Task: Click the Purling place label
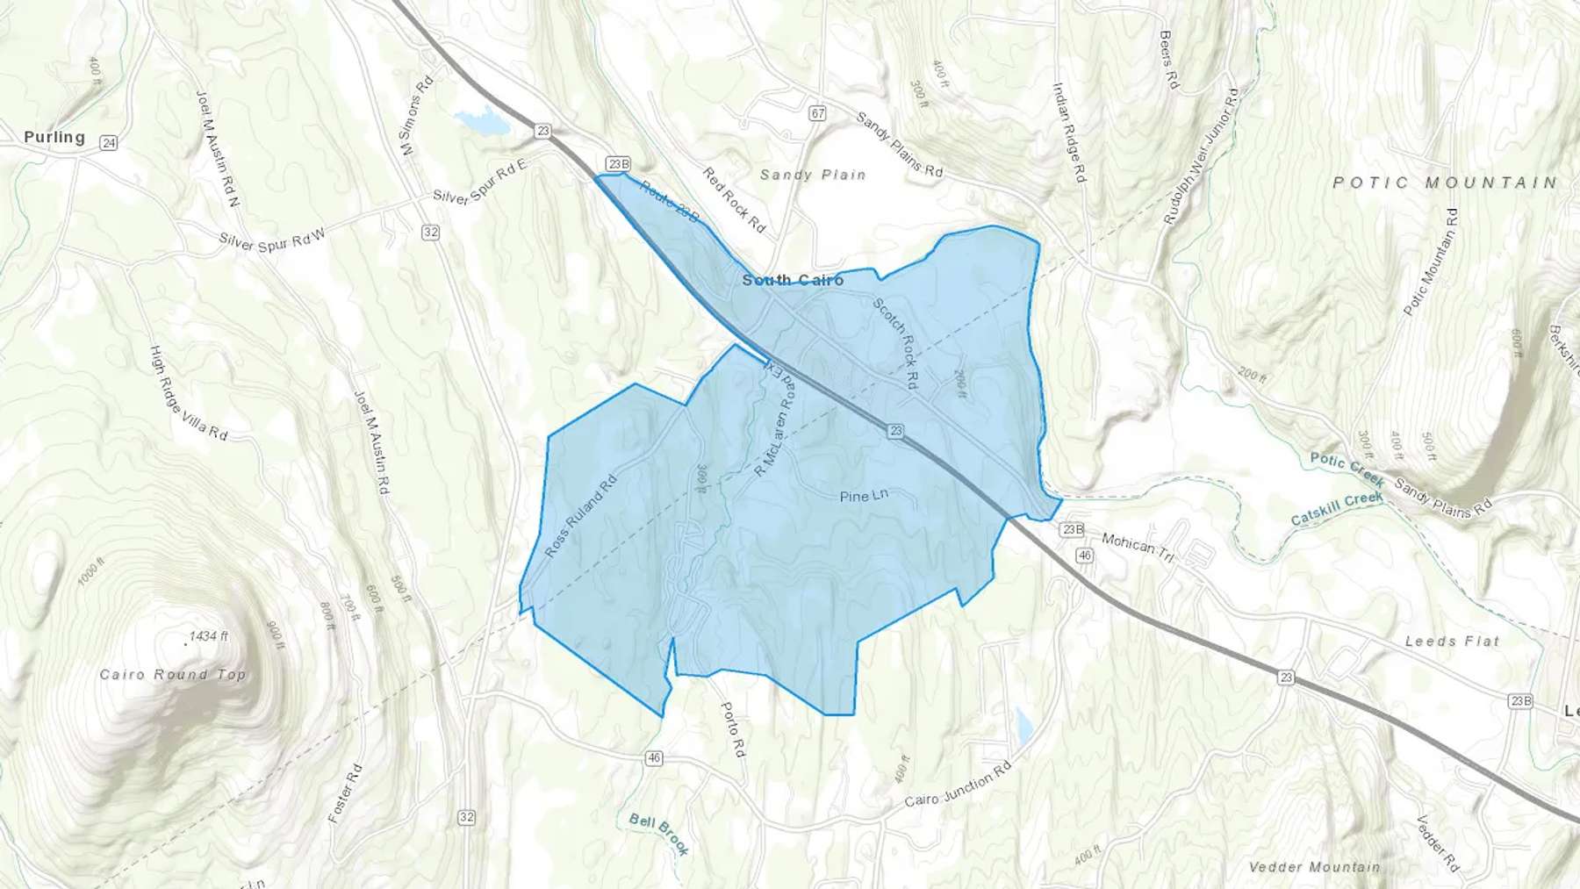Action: pos(54,137)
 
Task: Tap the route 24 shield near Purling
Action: pos(109,143)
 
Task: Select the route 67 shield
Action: pos(818,113)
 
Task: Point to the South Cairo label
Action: pos(793,280)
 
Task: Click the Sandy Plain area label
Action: pos(813,175)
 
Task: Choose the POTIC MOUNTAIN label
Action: pos(1445,183)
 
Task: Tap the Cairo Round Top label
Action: pos(173,674)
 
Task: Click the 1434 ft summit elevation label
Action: pos(209,636)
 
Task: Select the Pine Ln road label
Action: pos(864,496)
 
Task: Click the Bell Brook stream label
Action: pos(659,834)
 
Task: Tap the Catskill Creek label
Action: pos(1337,509)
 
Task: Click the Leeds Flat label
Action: pos(1452,642)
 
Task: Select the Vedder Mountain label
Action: pos(1314,867)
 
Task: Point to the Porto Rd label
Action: pos(733,729)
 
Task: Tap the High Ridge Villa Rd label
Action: pos(189,392)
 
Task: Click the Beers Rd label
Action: pos(1167,60)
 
